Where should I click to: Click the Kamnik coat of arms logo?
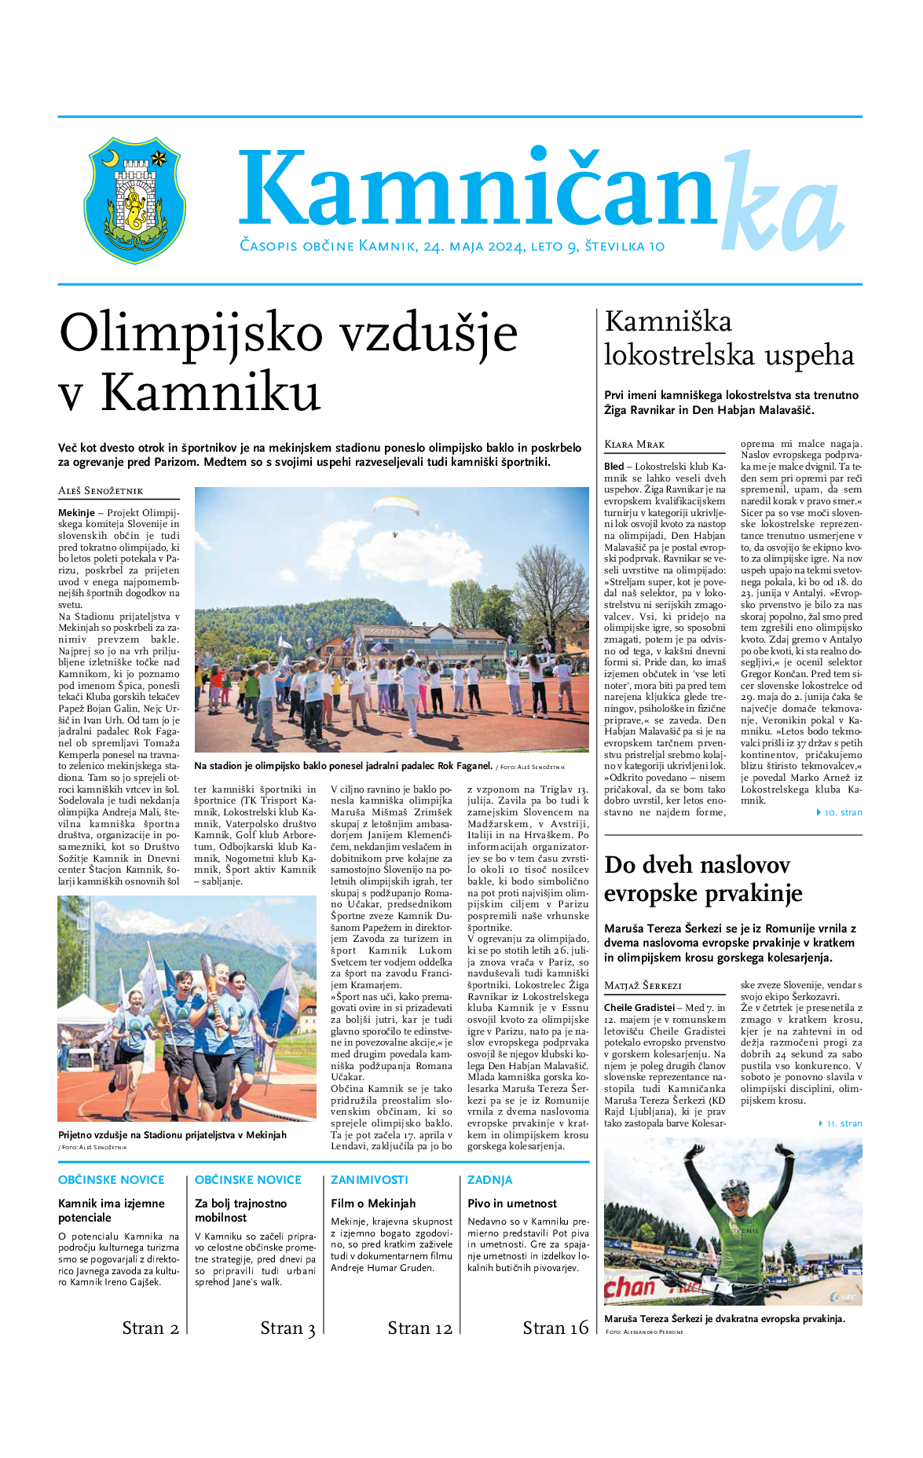(x=134, y=200)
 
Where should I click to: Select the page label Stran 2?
(x=150, y=1328)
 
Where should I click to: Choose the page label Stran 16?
(x=555, y=1328)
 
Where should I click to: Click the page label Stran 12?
(x=419, y=1328)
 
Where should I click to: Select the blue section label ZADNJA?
(x=489, y=1179)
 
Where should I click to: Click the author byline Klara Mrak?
(x=634, y=445)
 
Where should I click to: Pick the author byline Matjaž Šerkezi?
(x=643, y=985)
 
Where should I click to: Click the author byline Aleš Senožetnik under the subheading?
(x=101, y=491)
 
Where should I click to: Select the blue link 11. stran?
(x=843, y=1123)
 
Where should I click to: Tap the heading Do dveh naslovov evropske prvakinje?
(x=702, y=879)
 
